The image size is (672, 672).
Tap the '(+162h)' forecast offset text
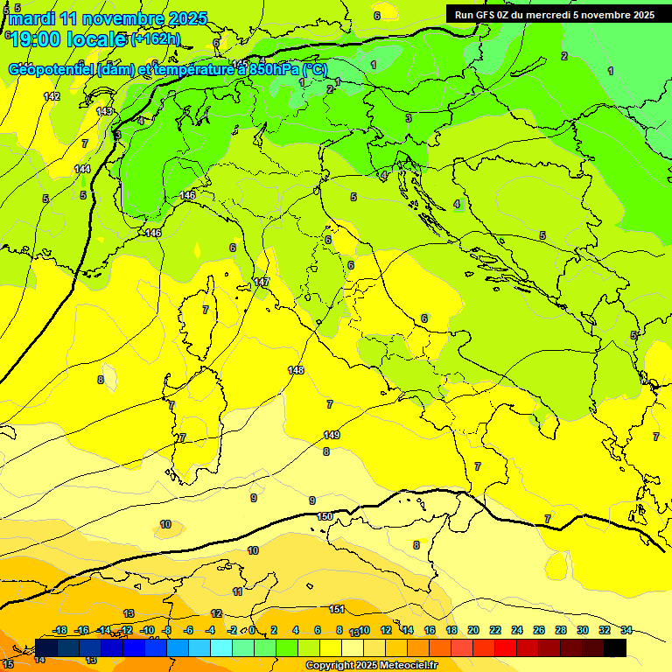pyautogui.click(x=156, y=39)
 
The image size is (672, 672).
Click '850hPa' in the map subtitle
pyautogui.click(x=273, y=69)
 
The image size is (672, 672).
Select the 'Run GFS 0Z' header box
pyautogui.click(x=554, y=15)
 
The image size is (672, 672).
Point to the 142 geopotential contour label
pyautogui.click(x=52, y=96)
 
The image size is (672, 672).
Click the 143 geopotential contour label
pyautogui.click(x=105, y=111)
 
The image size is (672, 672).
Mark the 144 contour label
pyautogui.click(x=82, y=169)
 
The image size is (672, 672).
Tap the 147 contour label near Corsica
pyautogui.click(x=262, y=282)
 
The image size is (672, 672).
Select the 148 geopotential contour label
pyautogui.click(x=296, y=370)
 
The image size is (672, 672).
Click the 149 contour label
pyautogui.click(x=332, y=435)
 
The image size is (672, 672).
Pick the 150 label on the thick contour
pyautogui.click(x=325, y=516)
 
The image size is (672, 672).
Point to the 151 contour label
pyautogui.click(x=337, y=609)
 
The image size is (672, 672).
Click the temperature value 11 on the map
pyautogui.click(x=237, y=591)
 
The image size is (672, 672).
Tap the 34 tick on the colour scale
pyautogui.click(x=626, y=630)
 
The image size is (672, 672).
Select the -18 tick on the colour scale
pyautogui.click(x=59, y=630)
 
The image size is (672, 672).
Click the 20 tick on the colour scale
pyautogui.click(x=472, y=630)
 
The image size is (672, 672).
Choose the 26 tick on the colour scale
pyautogui.click(x=538, y=630)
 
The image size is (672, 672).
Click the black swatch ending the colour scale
pyautogui.click(x=614, y=647)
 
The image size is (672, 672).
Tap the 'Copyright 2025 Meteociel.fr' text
pyautogui.click(x=371, y=665)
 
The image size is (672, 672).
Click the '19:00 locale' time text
pyautogui.click(x=68, y=39)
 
